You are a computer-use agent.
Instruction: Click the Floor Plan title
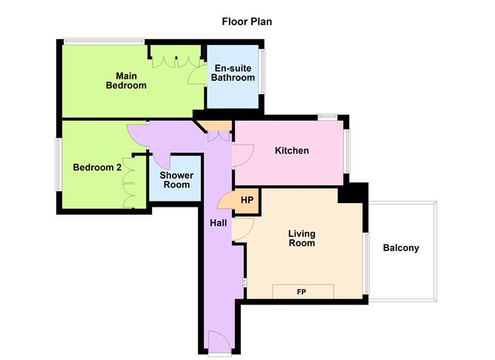(247, 21)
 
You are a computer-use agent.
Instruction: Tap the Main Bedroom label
(126, 81)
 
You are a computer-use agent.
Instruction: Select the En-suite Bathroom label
(233, 73)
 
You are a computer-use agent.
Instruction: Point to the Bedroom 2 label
(97, 167)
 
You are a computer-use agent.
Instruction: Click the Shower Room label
(176, 180)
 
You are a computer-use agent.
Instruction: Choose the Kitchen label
(292, 150)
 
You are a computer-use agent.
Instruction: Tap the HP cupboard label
(247, 200)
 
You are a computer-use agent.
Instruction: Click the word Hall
(219, 223)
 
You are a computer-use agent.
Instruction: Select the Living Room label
(302, 239)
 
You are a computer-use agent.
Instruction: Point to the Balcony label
(401, 247)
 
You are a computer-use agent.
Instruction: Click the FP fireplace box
(303, 291)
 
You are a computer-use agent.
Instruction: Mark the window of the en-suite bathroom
(262, 71)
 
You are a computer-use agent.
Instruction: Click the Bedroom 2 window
(59, 164)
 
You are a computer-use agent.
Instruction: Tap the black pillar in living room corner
(353, 193)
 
